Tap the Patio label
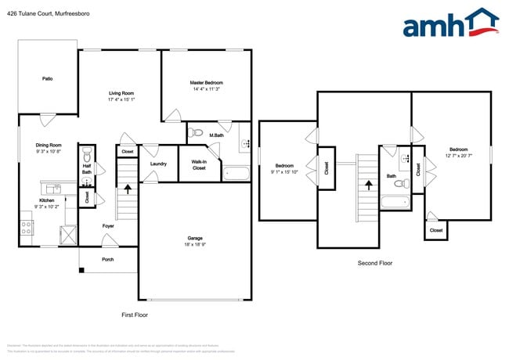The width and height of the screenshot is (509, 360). pyautogui.click(x=47, y=78)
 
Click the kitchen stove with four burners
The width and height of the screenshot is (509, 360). pyautogui.click(x=26, y=228)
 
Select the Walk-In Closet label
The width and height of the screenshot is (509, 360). pyautogui.click(x=199, y=165)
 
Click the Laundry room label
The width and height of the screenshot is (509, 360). pyautogui.click(x=158, y=164)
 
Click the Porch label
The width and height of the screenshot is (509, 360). pyautogui.click(x=107, y=260)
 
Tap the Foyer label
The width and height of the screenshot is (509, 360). pyautogui.click(x=108, y=226)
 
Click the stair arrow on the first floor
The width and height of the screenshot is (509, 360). pyautogui.click(x=128, y=189)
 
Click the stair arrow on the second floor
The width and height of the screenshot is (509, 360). pyautogui.click(x=368, y=185)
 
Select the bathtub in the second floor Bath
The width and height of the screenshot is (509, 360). pyautogui.click(x=395, y=203)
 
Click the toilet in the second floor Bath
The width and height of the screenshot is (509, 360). pyautogui.click(x=400, y=185)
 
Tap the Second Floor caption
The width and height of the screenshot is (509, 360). pyautogui.click(x=374, y=263)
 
